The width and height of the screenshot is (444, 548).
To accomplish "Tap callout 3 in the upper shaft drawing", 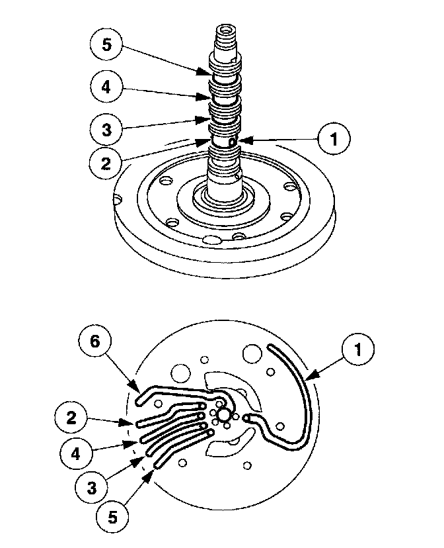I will click(x=106, y=128).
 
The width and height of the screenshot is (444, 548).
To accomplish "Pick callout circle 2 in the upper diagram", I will click(x=106, y=163).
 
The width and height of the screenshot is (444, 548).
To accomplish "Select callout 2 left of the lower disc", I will click(x=71, y=418).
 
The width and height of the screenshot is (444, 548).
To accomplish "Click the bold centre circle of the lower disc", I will click(x=225, y=414).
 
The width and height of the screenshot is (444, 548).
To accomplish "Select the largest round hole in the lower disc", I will click(x=252, y=353).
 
